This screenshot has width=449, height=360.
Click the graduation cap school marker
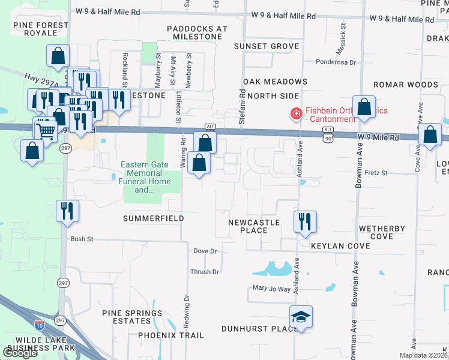(301, 316)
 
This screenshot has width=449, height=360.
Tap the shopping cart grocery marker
(46, 130)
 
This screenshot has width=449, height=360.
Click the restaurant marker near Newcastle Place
(305, 221)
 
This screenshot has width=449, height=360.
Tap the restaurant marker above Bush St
(67, 211)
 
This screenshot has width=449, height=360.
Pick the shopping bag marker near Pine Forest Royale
(58, 56)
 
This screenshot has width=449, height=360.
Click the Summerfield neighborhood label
(154, 219)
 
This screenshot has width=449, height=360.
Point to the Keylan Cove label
(340, 246)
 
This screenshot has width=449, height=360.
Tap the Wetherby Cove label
(382, 233)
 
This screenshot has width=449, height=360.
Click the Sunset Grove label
(267, 46)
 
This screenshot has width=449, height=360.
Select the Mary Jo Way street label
(271, 289)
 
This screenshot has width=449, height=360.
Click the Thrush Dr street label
(205, 272)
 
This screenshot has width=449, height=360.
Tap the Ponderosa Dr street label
(336, 62)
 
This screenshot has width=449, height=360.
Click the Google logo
(20, 353)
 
